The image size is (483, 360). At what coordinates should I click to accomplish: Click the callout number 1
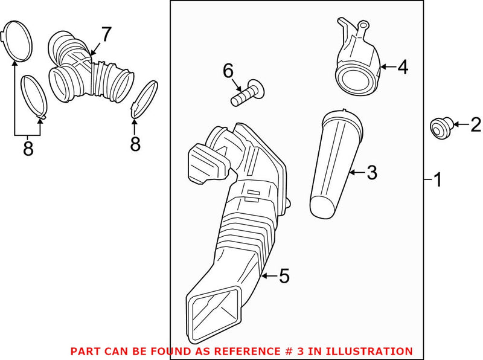point(437,179)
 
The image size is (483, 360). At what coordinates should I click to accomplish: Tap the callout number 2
point(475,125)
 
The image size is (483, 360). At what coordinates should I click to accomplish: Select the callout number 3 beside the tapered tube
point(371,173)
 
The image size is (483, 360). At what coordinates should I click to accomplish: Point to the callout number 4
point(402,67)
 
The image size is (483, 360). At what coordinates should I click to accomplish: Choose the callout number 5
point(284,277)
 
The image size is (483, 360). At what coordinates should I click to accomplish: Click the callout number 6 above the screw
point(228,71)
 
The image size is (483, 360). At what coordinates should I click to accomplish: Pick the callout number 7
point(106,35)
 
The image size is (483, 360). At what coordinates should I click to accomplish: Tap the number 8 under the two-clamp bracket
point(28,149)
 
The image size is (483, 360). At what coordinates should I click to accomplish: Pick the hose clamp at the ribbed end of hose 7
point(144,98)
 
